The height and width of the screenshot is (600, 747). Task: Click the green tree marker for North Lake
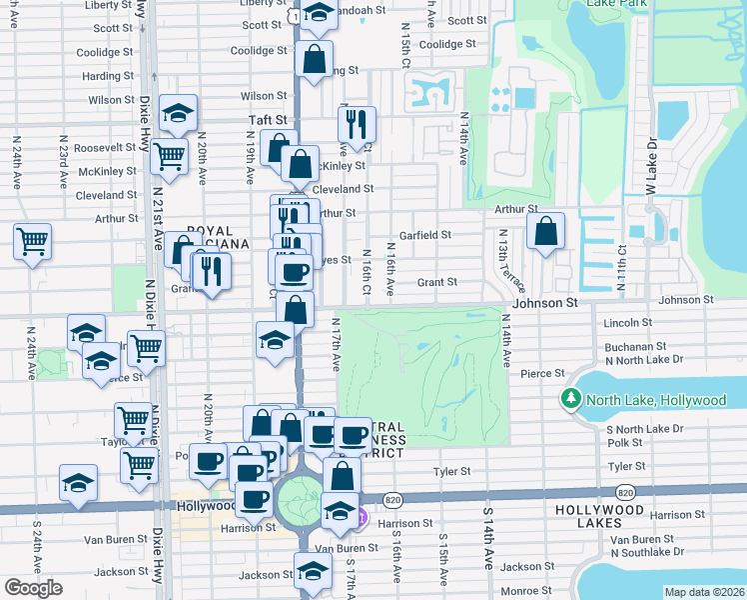click(570, 400)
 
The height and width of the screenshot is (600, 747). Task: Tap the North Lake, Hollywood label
click(656, 400)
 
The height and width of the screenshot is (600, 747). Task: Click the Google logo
click(33, 588)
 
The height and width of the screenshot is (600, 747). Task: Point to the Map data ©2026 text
click(703, 592)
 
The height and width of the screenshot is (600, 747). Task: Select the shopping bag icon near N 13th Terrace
click(545, 233)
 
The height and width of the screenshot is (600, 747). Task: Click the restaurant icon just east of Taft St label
click(357, 125)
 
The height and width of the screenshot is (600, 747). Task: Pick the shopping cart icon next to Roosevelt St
click(169, 156)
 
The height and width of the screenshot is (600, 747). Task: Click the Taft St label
click(268, 119)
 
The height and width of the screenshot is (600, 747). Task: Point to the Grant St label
click(437, 282)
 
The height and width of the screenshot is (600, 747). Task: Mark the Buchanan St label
click(635, 347)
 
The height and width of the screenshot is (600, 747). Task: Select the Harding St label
click(102, 76)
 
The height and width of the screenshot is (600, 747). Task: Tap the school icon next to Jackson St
click(314, 573)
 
